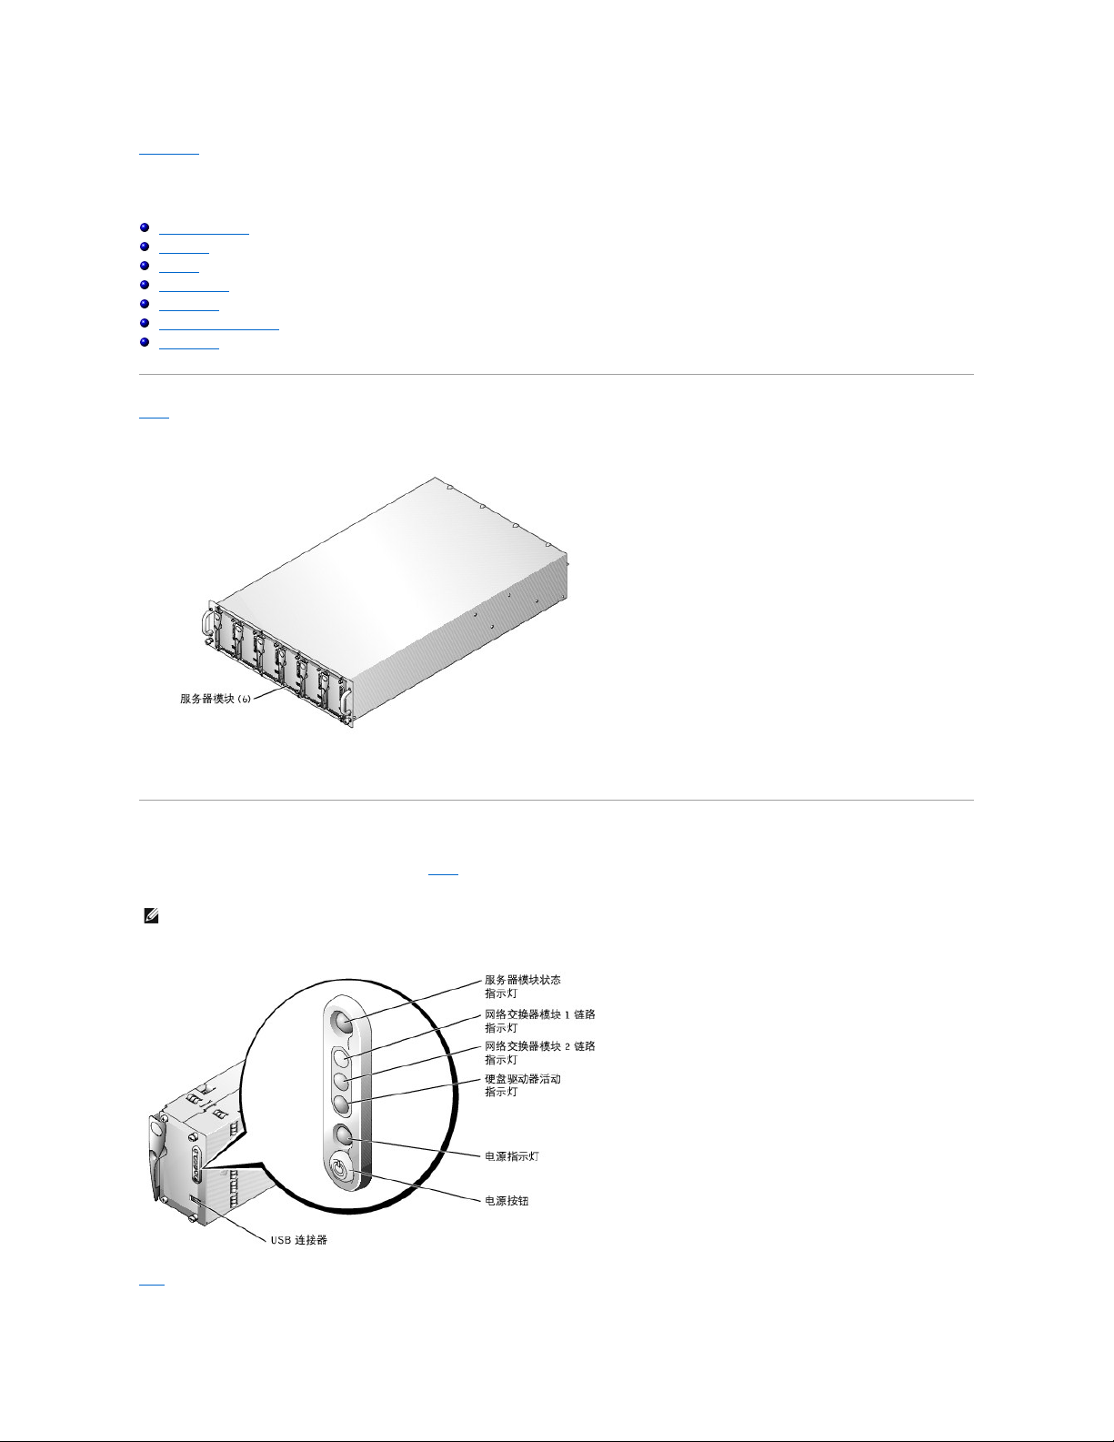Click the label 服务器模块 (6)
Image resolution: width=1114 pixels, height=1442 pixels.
click(x=216, y=698)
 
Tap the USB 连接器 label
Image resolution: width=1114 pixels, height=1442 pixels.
click(x=298, y=1240)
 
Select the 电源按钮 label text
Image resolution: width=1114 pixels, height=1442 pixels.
click(x=507, y=1200)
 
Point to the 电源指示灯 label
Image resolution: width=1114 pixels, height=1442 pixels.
click(x=512, y=1156)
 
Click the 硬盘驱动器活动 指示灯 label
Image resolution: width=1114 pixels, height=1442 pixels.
click(x=523, y=1085)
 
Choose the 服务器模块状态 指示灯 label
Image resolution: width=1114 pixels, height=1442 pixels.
click(x=523, y=986)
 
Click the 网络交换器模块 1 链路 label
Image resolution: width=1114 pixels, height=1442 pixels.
click(x=540, y=1014)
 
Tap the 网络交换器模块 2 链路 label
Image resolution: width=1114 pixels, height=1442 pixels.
click(x=540, y=1046)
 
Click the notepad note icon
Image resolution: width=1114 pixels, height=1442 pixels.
click(x=151, y=916)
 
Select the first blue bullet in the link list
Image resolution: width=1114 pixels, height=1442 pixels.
click(x=145, y=227)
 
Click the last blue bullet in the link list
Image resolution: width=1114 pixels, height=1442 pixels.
click(x=145, y=342)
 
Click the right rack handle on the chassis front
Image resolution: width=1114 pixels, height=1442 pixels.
click(x=346, y=701)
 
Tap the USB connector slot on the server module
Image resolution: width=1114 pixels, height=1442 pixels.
click(x=194, y=1200)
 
